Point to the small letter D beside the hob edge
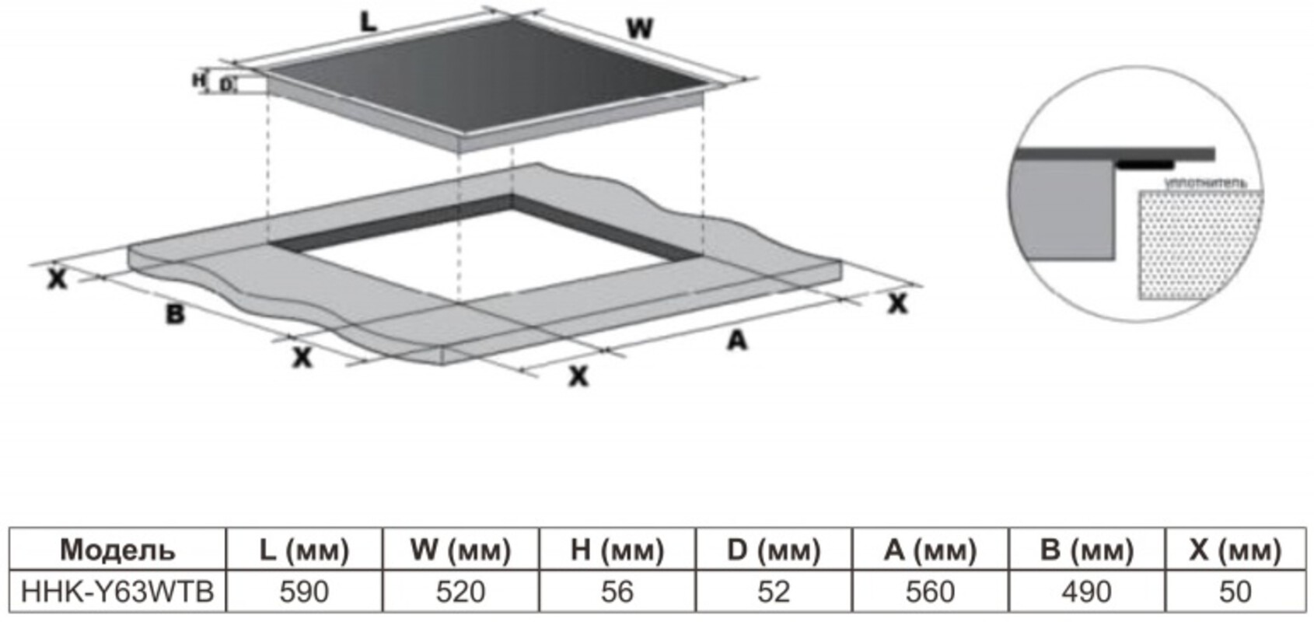pyautogui.click(x=225, y=85)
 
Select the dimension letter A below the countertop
pyautogui.click(x=736, y=340)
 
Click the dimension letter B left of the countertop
pyautogui.click(x=175, y=314)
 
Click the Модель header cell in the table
pyautogui.click(x=117, y=550)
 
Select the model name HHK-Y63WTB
pyautogui.click(x=117, y=592)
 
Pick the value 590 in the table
pyautogui.click(x=304, y=592)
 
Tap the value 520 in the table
pyautogui.click(x=460, y=592)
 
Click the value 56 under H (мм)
pyautogui.click(x=617, y=592)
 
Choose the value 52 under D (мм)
pyautogui.click(x=774, y=592)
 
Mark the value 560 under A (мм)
pyautogui.click(x=930, y=592)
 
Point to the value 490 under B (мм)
pyautogui.click(x=1086, y=592)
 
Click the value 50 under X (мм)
pyautogui.click(x=1235, y=592)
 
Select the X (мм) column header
pyautogui.click(x=1235, y=550)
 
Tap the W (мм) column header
pyautogui.click(x=460, y=550)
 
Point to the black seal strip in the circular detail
pyautogui.click(x=1145, y=165)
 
